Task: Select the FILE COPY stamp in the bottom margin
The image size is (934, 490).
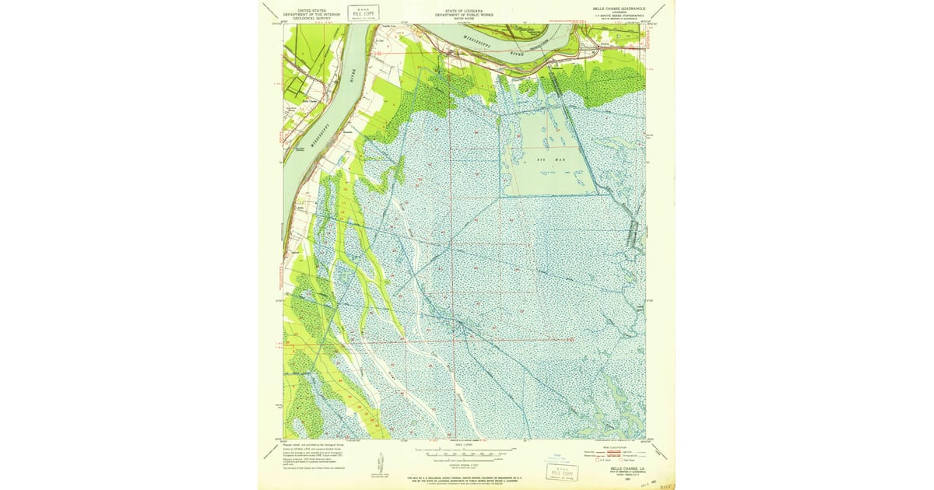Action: click(x=564, y=473)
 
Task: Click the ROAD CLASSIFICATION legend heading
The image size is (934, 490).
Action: click(x=615, y=447)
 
